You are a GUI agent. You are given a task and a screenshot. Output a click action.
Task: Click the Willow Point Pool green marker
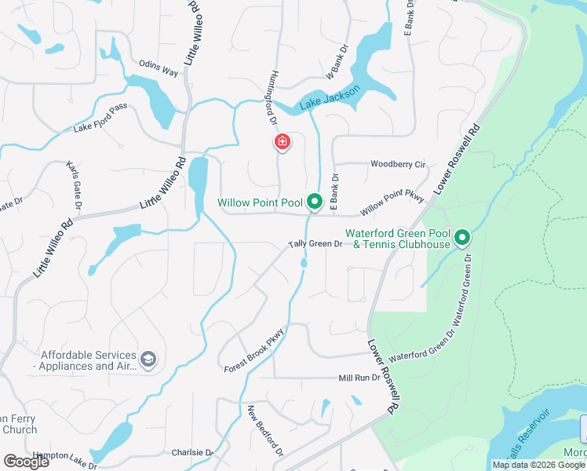point(315,203)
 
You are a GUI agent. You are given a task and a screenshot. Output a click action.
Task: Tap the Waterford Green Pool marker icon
point(462,236)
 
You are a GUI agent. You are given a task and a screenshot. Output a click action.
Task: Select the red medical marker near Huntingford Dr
point(282,142)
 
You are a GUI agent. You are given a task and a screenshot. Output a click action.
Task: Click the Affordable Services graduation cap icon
point(148,360)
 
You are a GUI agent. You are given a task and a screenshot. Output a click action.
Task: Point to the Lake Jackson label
point(330,99)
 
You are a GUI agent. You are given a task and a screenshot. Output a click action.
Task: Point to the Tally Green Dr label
point(315,244)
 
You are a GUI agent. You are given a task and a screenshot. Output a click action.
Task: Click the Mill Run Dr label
point(359,378)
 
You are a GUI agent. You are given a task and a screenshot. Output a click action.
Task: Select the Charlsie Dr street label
point(193,453)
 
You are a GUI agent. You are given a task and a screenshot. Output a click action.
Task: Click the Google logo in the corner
point(27,462)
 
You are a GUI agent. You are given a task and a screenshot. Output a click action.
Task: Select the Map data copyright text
point(530,465)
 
